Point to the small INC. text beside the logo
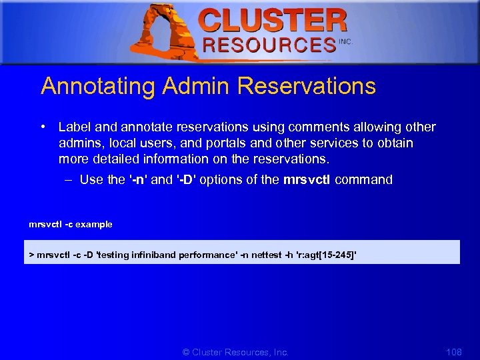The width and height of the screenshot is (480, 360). tap(345, 41)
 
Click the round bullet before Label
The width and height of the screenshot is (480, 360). tap(43, 127)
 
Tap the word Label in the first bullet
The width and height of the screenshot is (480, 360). tap(73, 127)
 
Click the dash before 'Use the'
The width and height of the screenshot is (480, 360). tap(69, 179)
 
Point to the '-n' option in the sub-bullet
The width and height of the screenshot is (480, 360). tap(138, 179)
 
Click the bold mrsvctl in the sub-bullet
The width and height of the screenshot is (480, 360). tap(307, 179)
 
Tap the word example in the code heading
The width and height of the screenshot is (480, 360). tap(94, 225)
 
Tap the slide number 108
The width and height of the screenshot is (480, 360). tap(453, 351)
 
